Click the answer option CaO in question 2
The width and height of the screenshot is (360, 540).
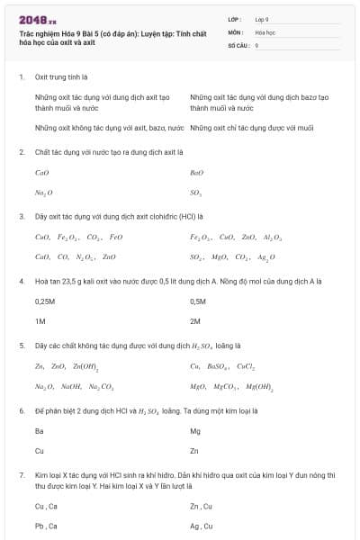(x=41, y=173)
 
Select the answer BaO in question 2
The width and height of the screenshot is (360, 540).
(x=197, y=173)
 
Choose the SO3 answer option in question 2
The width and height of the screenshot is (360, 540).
(x=196, y=193)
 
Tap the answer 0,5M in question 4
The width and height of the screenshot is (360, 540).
(x=199, y=301)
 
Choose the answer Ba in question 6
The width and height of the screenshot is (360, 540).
(x=39, y=431)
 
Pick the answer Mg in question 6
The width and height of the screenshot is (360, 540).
(x=195, y=431)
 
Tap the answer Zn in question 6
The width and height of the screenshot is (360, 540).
(x=194, y=450)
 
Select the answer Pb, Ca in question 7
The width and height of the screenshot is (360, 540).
(x=45, y=526)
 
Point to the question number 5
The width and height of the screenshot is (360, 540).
(x=22, y=345)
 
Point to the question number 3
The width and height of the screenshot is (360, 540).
(x=22, y=216)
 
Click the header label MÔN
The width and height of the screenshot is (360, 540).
(x=236, y=31)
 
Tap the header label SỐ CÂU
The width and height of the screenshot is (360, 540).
(x=238, y=44)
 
